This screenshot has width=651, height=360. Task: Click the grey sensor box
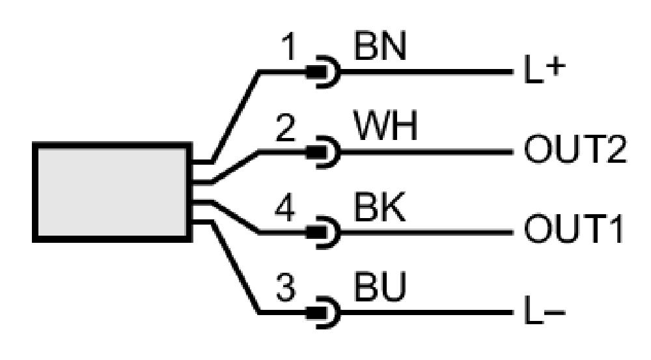(112, 192)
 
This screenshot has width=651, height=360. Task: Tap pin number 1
(288, 46)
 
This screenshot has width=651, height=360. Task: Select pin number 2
(286, 128)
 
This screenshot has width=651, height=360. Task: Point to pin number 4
(285, 207)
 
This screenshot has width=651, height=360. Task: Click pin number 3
(286, 287)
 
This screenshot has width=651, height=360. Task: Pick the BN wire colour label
(380, 46)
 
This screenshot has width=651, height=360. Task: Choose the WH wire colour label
(385, 126)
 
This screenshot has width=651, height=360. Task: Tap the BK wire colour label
(380, 206)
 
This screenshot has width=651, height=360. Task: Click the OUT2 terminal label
(575, 149)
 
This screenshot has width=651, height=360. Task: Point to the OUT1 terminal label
(574, 228)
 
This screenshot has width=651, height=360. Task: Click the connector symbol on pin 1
(324, 72)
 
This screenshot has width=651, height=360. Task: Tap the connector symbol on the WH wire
(324, 152)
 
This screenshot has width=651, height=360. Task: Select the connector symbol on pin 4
(324, 232)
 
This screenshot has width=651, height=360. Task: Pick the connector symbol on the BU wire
(324, 312)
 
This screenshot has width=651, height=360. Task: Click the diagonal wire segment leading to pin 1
(236, 117)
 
